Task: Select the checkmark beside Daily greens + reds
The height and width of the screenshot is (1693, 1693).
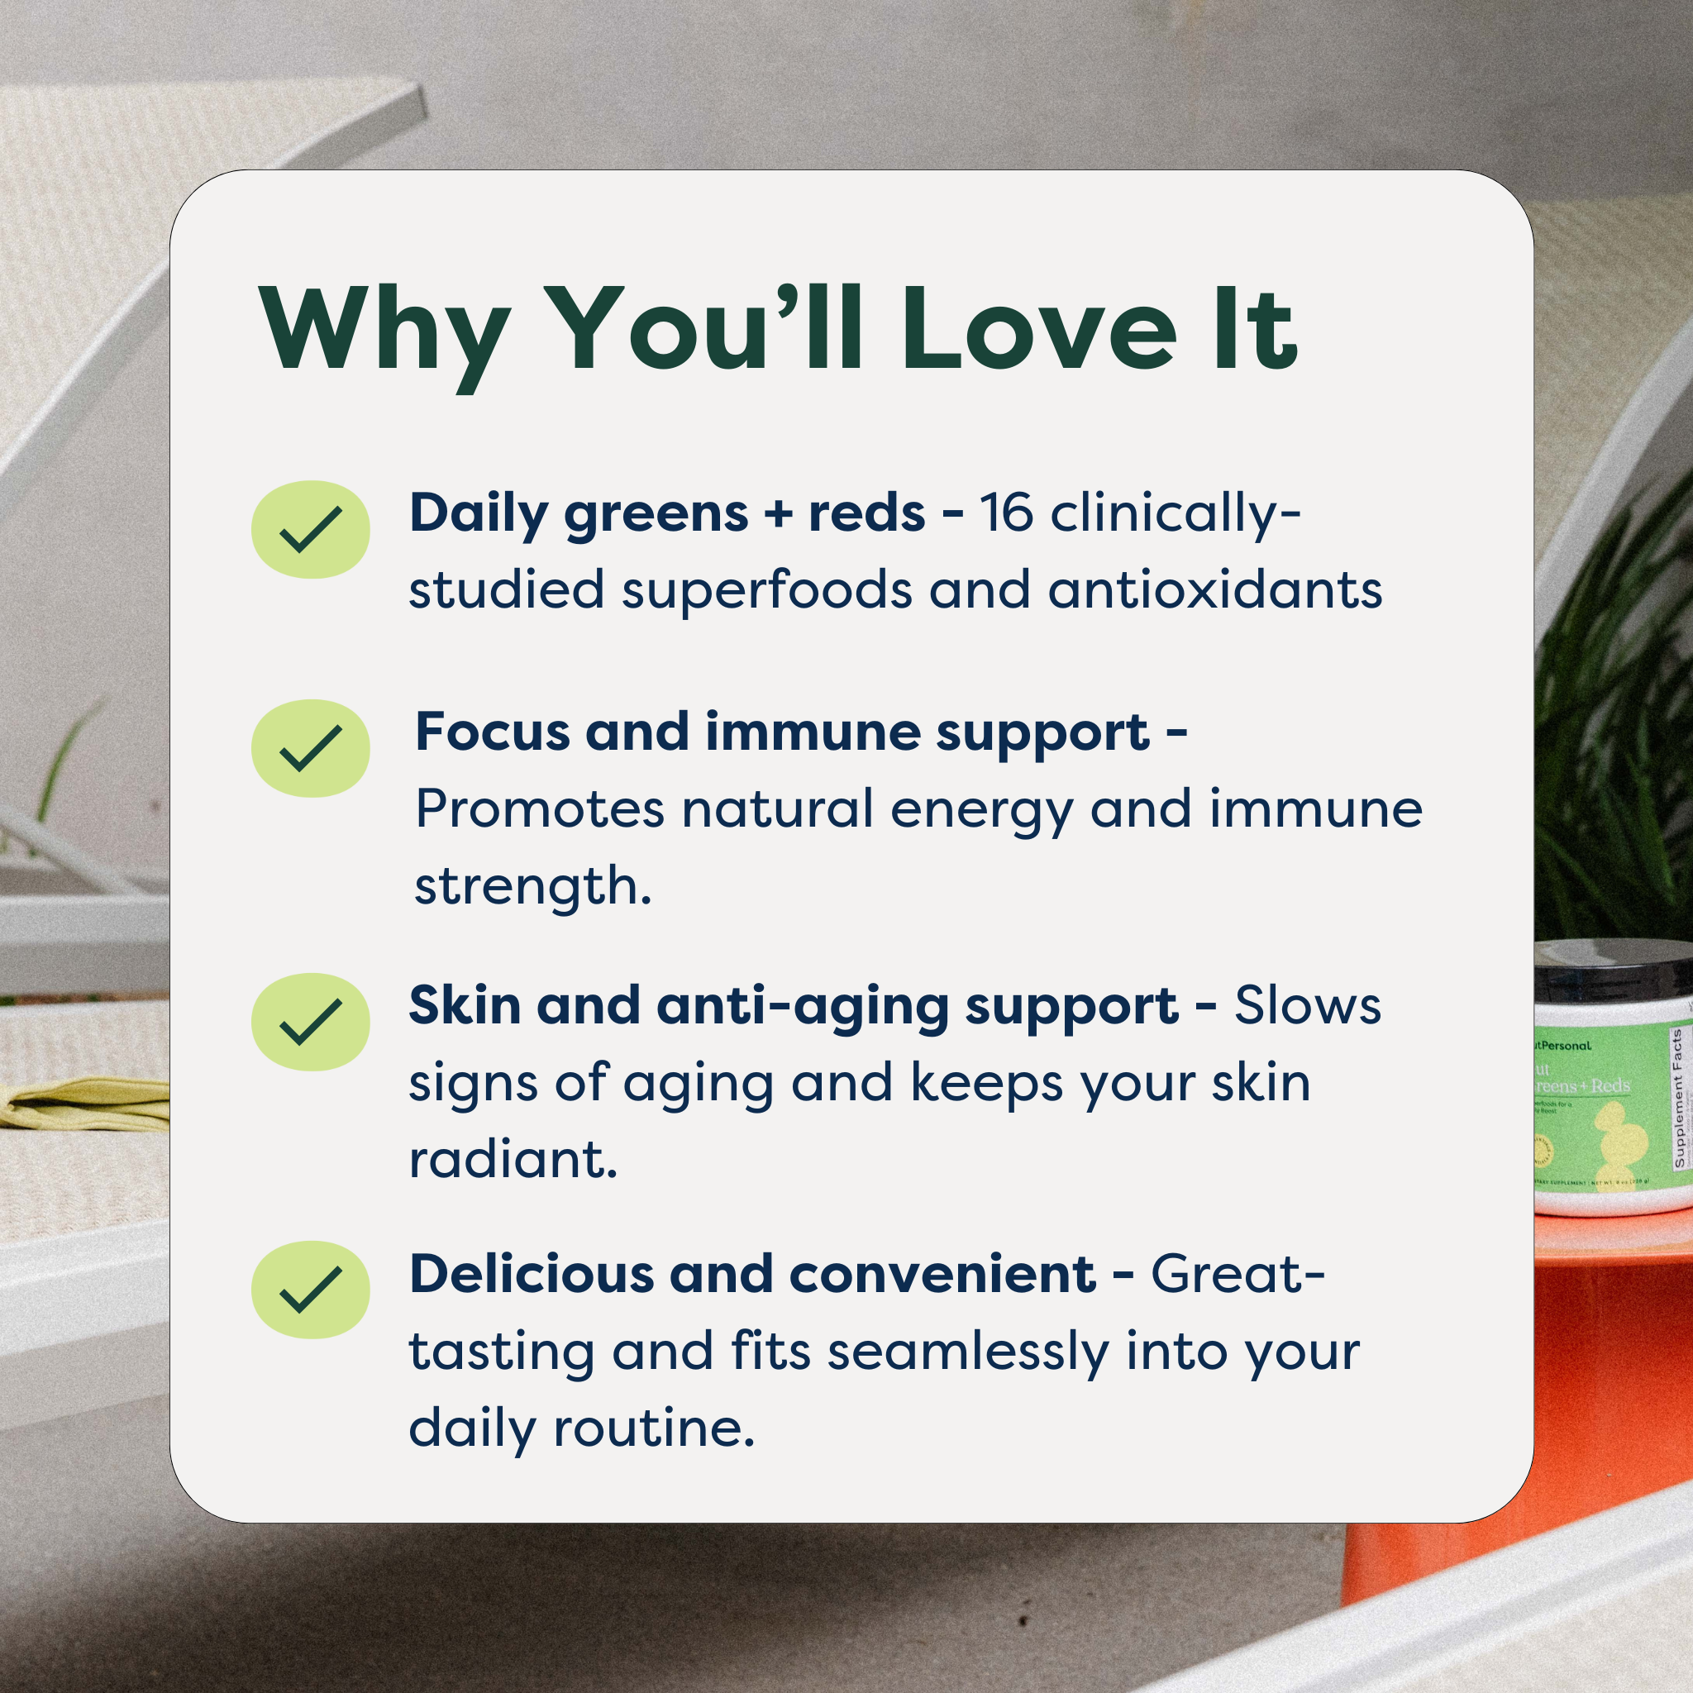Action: (310, 529)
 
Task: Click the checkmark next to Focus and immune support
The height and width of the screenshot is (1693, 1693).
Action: (310, 748)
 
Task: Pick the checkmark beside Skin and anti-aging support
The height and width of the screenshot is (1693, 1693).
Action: (310, 1022)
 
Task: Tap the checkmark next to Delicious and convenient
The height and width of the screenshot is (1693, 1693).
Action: (310, 1290)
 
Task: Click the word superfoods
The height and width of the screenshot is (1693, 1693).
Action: (767, 589)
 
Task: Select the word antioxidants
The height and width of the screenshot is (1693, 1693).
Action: (1215, 589)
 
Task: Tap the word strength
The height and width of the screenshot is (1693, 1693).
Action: (532, 887)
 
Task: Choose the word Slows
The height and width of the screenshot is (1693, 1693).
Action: (1308, 1006)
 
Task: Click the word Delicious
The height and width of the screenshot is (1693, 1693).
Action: (531, 1274)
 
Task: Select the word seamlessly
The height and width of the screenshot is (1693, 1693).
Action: (968, 1352)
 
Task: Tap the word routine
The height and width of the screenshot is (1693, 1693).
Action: (654, 1428)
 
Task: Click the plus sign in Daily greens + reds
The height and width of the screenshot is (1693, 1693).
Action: (777, 513)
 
